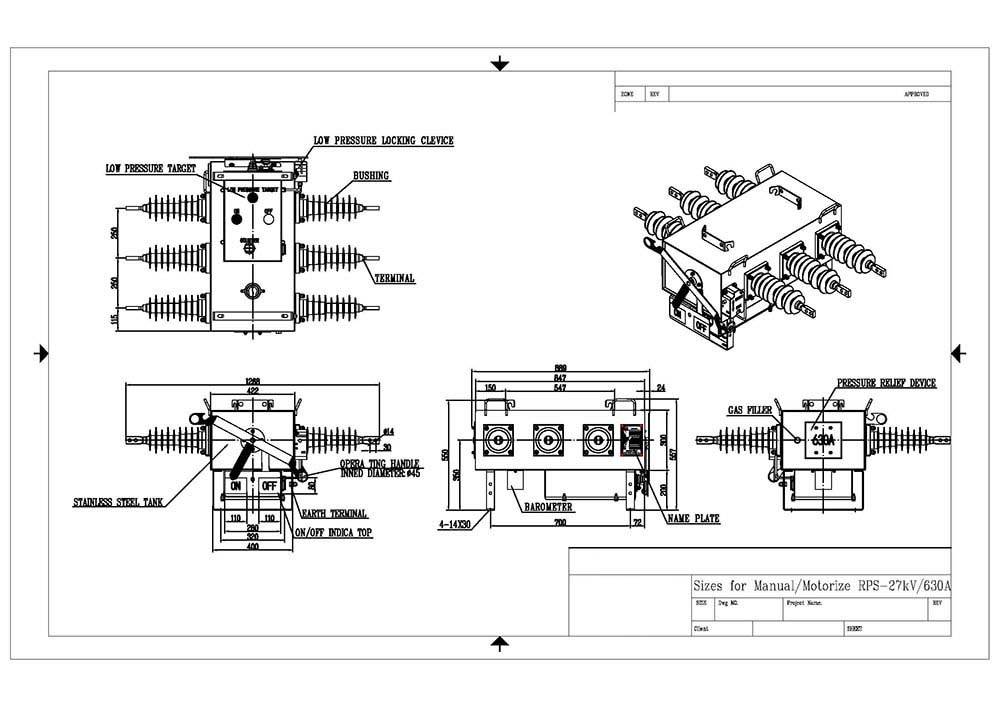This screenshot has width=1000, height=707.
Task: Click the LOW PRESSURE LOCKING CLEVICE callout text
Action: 383,141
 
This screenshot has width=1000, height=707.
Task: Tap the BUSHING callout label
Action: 371,176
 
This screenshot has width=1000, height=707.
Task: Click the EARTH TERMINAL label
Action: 335,513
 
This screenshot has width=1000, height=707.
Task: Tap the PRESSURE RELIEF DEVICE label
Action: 886,384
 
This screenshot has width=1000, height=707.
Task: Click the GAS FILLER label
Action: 750,411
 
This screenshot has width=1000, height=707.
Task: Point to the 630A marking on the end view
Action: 823,439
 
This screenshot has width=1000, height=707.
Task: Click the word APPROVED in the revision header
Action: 916,94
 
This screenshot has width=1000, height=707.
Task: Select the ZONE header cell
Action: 628,94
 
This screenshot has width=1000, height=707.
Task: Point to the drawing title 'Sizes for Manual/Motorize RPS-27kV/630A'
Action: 821,586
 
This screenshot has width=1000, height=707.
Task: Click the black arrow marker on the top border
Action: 500,65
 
